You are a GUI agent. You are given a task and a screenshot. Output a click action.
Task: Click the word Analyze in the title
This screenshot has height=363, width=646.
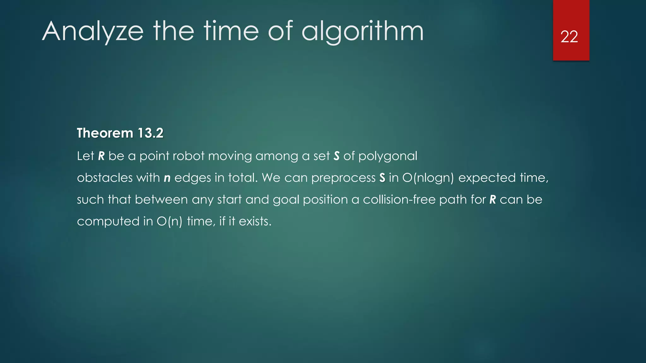(93, 32)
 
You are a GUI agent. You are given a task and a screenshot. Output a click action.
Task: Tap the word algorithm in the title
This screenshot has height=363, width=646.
(362, 32)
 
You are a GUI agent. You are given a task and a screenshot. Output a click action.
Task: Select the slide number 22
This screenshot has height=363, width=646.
(569, 37)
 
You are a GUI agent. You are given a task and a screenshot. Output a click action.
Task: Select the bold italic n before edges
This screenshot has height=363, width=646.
(167, 178)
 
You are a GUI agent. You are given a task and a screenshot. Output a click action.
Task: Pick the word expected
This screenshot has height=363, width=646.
(487, 178)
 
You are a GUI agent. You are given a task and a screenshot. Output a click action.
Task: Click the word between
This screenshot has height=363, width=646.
(161, 199)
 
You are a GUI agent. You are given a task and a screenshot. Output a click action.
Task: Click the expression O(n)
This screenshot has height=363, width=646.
(170, 222)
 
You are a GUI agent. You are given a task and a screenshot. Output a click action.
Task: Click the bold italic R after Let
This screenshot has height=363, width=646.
(101, 156)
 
